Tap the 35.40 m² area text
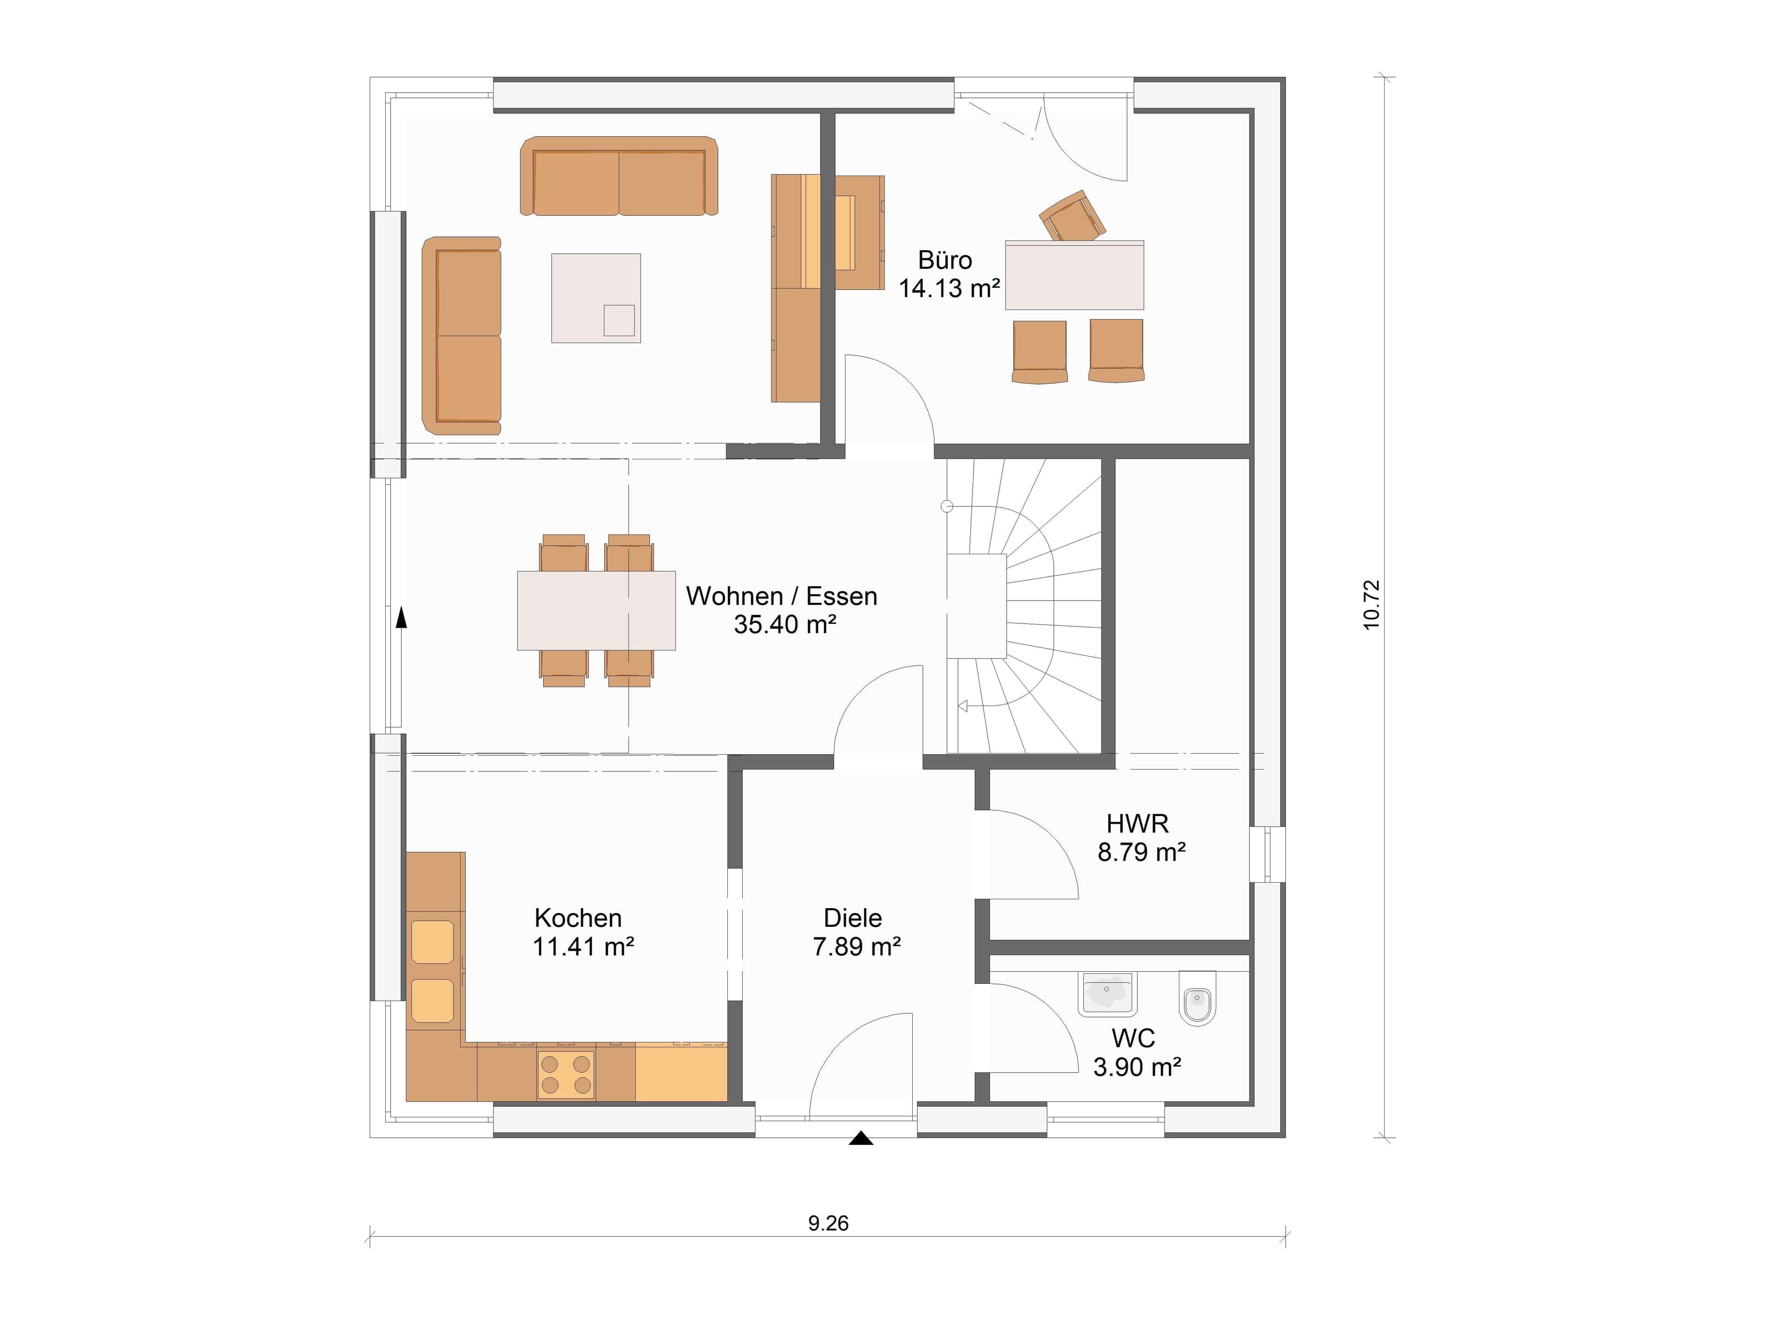coord(785,624)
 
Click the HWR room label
coord(1137,824)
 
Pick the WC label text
coord(1133,1038)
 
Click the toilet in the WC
coord(1197,998)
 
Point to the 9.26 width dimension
coord(828,1223)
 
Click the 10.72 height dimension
coord(1371,605)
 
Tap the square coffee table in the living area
coord(595,298)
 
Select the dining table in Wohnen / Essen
coord(597,610)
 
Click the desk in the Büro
coord(1074,275)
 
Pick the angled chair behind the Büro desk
coord(1072,216)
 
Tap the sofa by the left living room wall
coord(461,336)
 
